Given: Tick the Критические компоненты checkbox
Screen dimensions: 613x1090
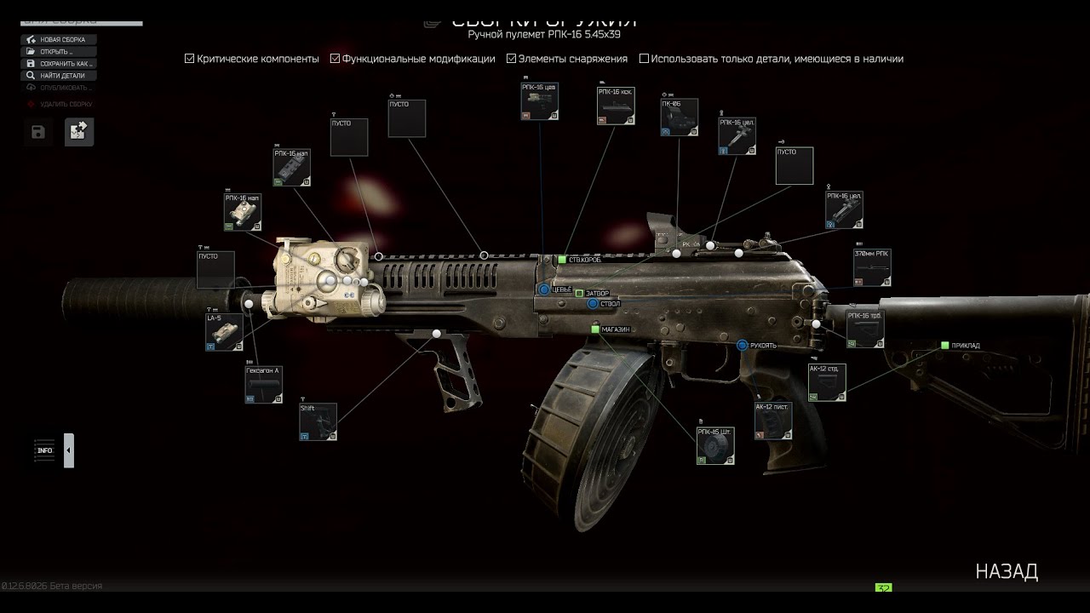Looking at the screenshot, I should click(x=190, y=59).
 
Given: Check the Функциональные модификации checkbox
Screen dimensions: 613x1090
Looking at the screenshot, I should click(x=336, y=59).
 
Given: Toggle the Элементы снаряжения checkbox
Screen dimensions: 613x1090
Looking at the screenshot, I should click(x=512, y=59).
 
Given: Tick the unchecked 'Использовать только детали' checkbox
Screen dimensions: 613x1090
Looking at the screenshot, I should click(x=644, y=59).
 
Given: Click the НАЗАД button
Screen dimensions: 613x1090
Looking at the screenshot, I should click(x=1007, y=571).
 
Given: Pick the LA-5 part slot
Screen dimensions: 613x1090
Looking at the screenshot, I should click(x=224, y=333).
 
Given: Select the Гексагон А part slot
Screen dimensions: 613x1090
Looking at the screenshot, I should click(x=263, y=385).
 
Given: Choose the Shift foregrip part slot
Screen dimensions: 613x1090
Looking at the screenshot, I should click(x=318, y=421).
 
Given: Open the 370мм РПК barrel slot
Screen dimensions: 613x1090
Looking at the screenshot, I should click(x=872, y=267).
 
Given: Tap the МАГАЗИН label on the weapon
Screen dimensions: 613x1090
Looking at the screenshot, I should click(x=615, y=329).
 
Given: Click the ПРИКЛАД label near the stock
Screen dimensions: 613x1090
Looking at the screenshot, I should click(x=965, y=346).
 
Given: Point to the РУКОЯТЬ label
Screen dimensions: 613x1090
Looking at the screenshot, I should click(x=763, y=346).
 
